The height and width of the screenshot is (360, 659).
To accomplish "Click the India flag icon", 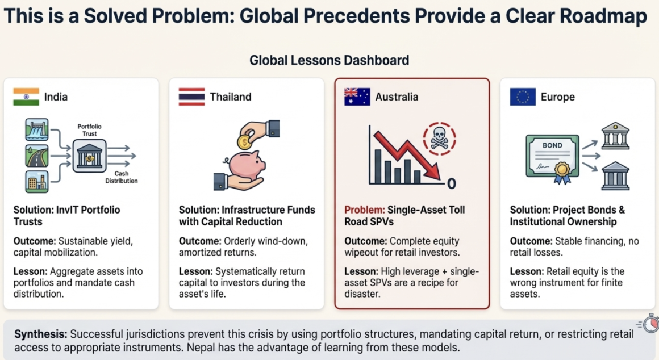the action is coord(26,97).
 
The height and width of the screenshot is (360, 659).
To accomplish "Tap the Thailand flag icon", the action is coord(191,97).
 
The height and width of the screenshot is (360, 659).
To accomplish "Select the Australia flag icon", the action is coord(357,97).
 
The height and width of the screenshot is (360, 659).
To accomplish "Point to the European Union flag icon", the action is coord(523,97).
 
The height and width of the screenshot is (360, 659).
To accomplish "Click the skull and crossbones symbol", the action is coord(439,139).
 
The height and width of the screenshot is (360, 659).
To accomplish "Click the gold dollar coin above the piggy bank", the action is coord(244,142).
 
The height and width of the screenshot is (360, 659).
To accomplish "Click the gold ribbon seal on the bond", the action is coord(562,173).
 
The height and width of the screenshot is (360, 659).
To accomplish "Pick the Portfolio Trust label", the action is coord(89,130).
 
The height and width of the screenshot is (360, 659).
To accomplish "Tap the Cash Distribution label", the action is coord(122,177).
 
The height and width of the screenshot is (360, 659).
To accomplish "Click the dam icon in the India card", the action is coord(36,129).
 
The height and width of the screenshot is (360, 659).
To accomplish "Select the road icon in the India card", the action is coord(36,156).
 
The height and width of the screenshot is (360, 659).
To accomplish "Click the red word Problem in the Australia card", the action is coord(364,210).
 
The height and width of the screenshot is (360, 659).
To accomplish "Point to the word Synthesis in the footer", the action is coord(40,335).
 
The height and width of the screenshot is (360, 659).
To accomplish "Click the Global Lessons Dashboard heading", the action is coord(329,61).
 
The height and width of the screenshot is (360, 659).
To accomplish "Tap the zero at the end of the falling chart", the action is coord(452,183).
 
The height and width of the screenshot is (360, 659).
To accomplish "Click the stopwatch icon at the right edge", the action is coord(650,324).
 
